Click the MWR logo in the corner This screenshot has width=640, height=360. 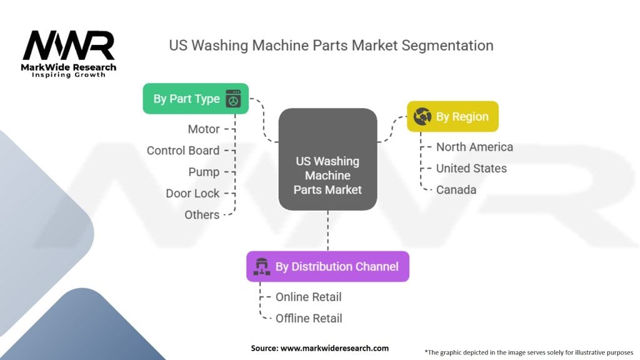pyautogui.click(x=69, y=54)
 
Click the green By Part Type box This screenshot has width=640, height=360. pyautogui.click(x=196, y=99)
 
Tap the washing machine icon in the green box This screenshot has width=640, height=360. pyautogui.click(x=234, y=99)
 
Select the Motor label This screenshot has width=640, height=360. pyautogui.click(x=204, y=129)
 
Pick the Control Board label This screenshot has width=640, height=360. pyautogui.click(x=183, y=151)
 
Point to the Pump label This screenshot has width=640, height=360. pyautogui.click(x=204, y=172)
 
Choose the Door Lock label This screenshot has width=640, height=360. pyautogui.click(x=192, y=194)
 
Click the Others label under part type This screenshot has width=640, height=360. pyautogui.click(x=202, y=215)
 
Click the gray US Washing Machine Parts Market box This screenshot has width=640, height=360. pyautogui.click(x=327, y=159)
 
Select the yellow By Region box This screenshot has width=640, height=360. pyautogui.click(x=452, y=116)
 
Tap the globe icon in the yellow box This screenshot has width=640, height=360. pyautogui.click(x=422, y=116)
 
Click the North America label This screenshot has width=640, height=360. pyautogui.click(x=474, y=147)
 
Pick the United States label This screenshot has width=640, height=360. pyautogui.click(x=471, y=168)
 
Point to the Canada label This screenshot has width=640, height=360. pyautogui.click(x=456, y=190)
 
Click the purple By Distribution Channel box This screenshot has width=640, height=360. pyautogui.click(x=327, y=266)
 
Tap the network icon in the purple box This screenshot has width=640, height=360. pyautogui.click(x=262, y=266)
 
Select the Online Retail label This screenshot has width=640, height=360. pyautogui.click(x=308, y=297)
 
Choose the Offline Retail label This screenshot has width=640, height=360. pyautogui.click(x=309, y=318)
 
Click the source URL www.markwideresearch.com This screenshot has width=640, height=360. pyautogui.click(x=335, y=348)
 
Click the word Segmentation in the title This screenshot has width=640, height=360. pyautogui.click(x=447, y=45)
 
